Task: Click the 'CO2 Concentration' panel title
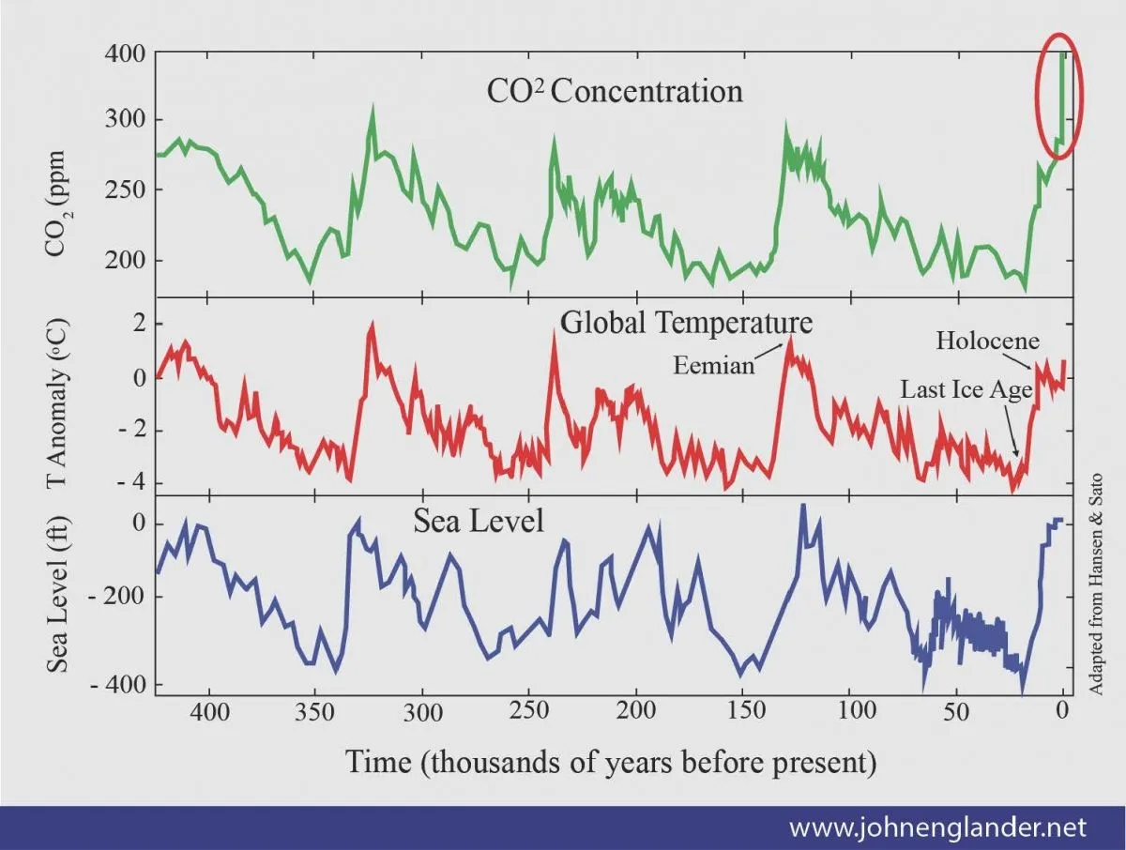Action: pyautogui.click(x=614, y=91)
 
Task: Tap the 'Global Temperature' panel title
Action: pyautogui.click(x=686, y=322)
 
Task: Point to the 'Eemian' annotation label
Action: pyautogui.click(x=714, y=366)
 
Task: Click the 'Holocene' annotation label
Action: pyautogui.click(x=987, y=341)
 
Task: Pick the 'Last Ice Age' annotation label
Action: pyautogui.click(x=966, y=389)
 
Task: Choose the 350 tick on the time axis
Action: pyautogui.click(x=314, y=710)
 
